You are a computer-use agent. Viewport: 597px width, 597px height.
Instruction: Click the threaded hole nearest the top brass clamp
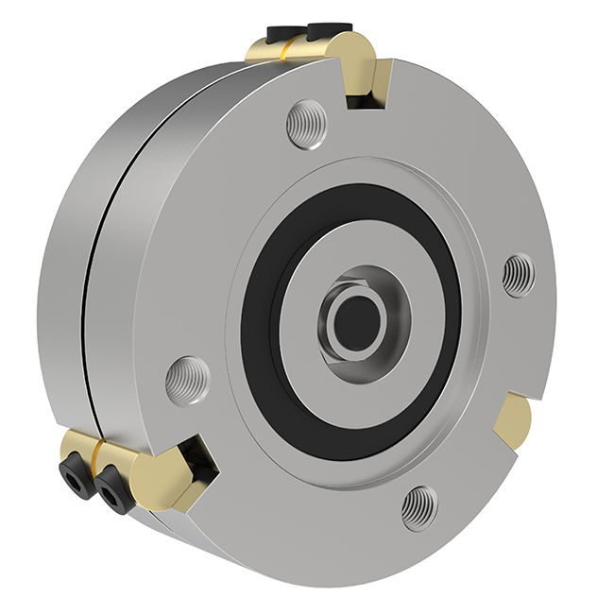307,124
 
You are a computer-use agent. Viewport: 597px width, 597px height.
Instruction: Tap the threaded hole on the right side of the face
518,275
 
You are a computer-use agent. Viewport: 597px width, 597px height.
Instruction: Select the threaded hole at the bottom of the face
418,508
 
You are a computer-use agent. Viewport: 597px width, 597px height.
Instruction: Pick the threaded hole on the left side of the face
187,380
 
